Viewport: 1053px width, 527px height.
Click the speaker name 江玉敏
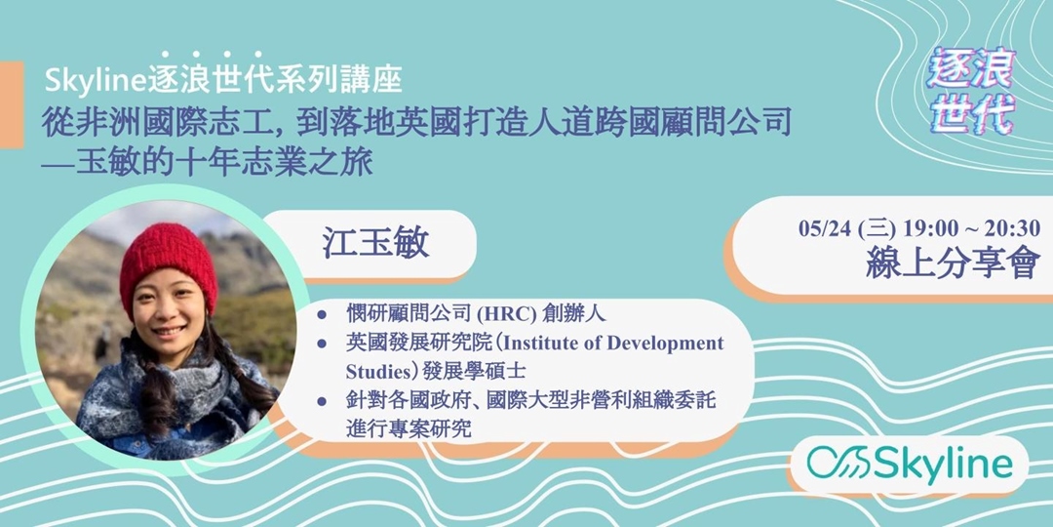(376, 243)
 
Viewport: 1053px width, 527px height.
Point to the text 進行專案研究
(409, 426)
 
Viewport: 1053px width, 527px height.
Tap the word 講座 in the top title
(375, 76)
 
